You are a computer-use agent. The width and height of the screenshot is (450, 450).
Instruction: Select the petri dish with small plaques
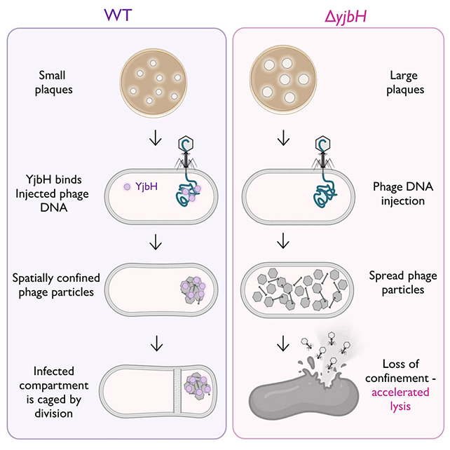(x=153, y=82)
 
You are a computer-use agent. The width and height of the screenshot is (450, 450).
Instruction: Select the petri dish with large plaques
(x=283, y=82)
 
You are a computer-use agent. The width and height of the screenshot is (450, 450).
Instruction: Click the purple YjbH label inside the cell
(x=144, y=187)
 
